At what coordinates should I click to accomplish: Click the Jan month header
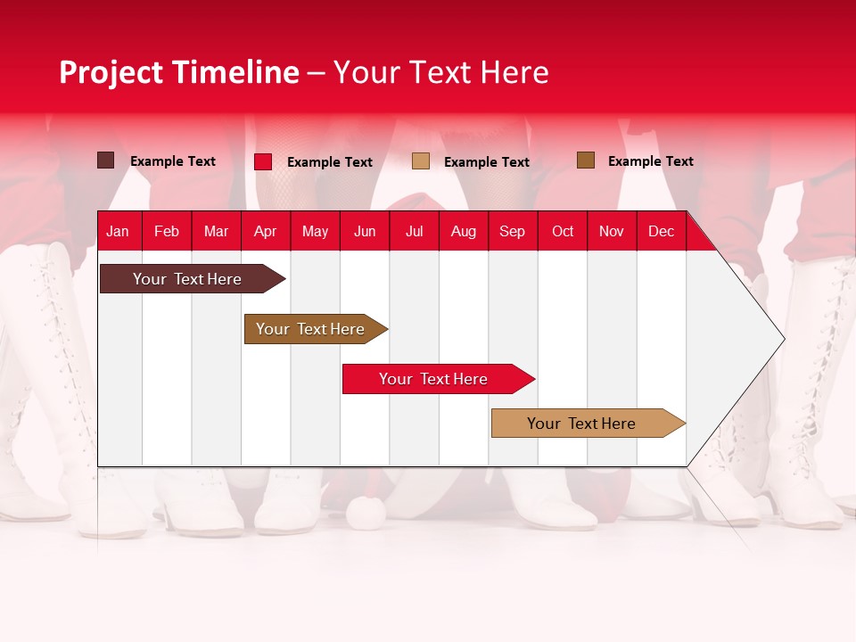pyautogui.click(x=118, y=231)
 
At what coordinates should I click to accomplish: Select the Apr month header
pyautogui.click(x=265, y=231)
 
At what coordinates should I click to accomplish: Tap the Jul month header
pyautogui.click(x=414, y=231)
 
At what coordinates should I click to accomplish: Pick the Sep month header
pyautogui.click(x=512, y=231)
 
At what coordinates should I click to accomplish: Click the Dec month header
pyautogui.click(x=661, y=231)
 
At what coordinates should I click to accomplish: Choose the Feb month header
pyautogui.click(x=167, y=231)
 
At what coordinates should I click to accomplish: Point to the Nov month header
pyautogui.click(x=611, y=231)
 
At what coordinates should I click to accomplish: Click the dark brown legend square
pyautogui.click(x=105, y=160)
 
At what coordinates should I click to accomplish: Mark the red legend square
pyautogui.click(x=263, y=161)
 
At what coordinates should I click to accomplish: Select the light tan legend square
pyautogui.click(x=421, y=161)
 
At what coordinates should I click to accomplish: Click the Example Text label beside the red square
pyautogui.click(x=329, y=161)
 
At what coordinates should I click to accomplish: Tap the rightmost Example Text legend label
pyautogui.click(x=650, y=160)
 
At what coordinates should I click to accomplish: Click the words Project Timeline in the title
pyautogui.click(x=178, y=72)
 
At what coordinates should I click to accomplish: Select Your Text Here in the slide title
pyautogui.click(x=440, y=72)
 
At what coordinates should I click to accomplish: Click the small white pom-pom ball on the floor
pyautogui.click(x=365, y=512)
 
